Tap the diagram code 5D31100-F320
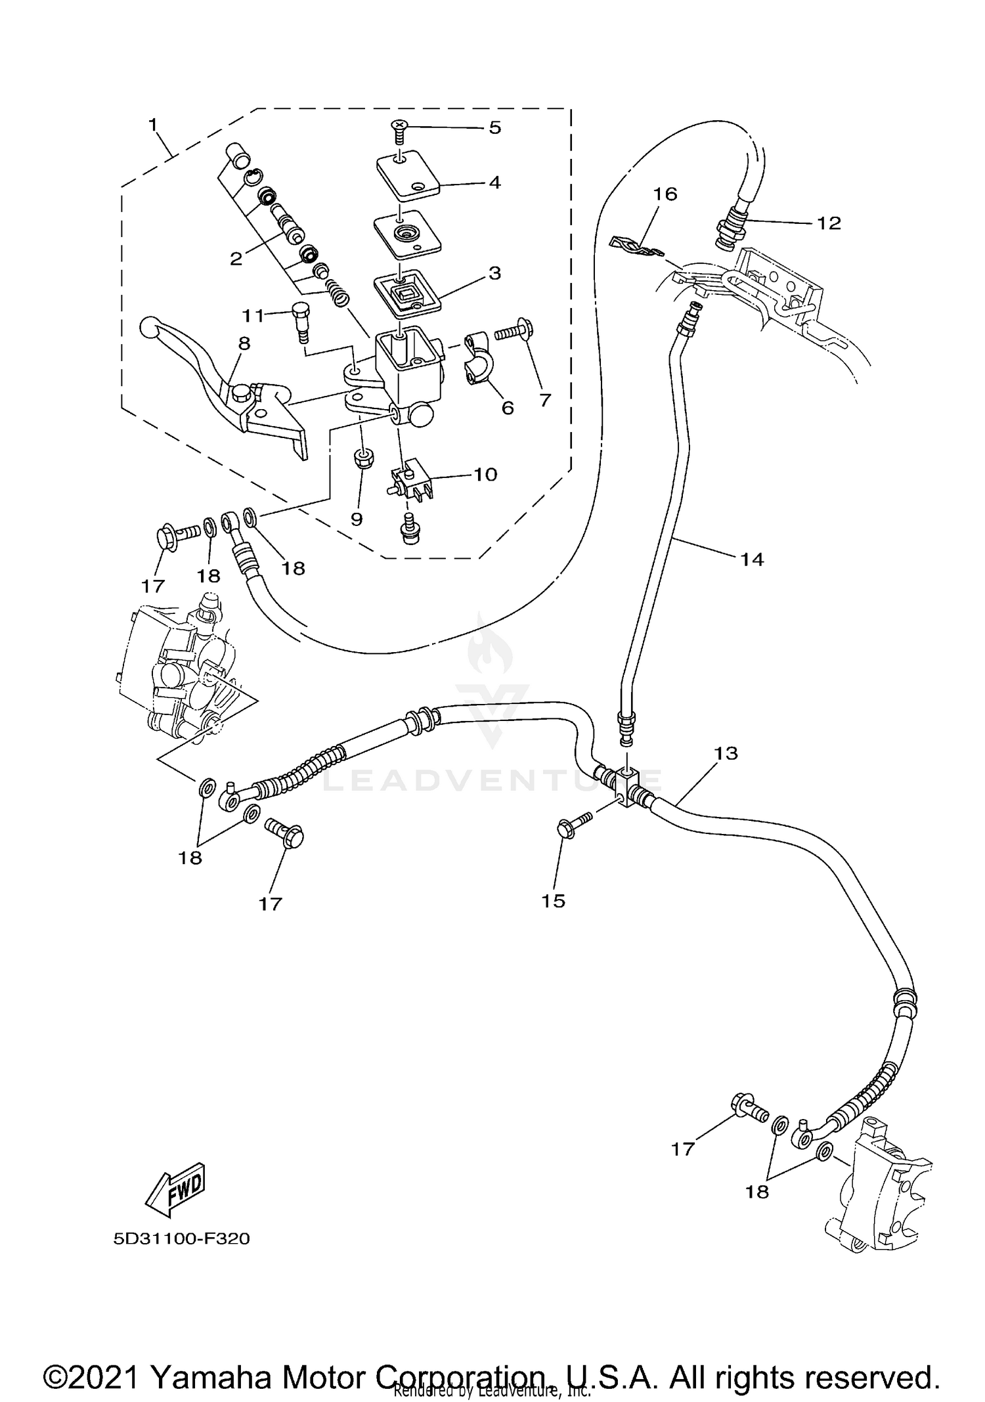[181, 1239]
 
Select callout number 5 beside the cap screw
[494, 127]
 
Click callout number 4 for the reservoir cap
[494, 182]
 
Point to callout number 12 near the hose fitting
[829, 223]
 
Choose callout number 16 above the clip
[665, 194]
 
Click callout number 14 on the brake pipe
[752, 559]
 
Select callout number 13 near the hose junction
[726, 753]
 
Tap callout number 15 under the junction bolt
[553, 901]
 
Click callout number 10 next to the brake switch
[485, 474]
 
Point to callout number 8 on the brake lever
[244, 343]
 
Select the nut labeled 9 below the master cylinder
[361, 459]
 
